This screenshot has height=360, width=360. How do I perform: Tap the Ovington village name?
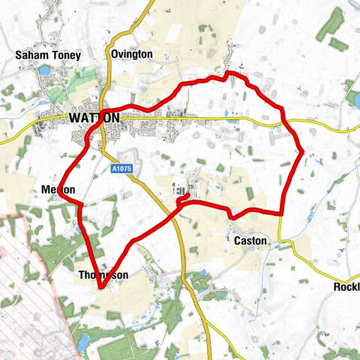[x=131, y=55]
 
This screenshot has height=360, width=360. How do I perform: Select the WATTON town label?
[x=94, y=118]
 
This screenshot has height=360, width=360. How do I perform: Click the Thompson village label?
[x=103, y=275]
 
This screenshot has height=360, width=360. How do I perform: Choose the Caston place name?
[x=250, y=241]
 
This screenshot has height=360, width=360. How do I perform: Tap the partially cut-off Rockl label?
[x=346, y=287]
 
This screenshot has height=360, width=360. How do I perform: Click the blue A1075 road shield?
[x=124, y=168]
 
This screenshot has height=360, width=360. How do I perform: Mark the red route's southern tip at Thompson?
[x=100, y=286]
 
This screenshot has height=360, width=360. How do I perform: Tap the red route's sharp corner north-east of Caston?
[x=281, y=214]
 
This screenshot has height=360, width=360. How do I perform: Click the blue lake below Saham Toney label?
[x=44, y=70]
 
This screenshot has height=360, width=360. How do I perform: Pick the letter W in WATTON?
[x=73, y=118]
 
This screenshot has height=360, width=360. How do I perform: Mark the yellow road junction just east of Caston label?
[x=280, y=241]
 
